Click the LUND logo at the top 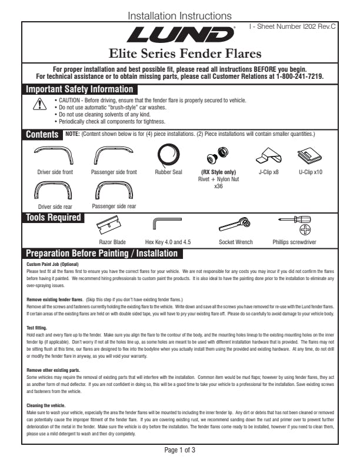point(179,36)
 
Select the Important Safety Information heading point(79,89)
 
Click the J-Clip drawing point(269,156)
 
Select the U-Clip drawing point(310,156)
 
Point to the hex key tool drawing point(167,224)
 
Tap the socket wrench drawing point(235,224)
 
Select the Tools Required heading point(54,218)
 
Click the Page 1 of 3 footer point(179,450)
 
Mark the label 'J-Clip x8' point(269,172)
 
